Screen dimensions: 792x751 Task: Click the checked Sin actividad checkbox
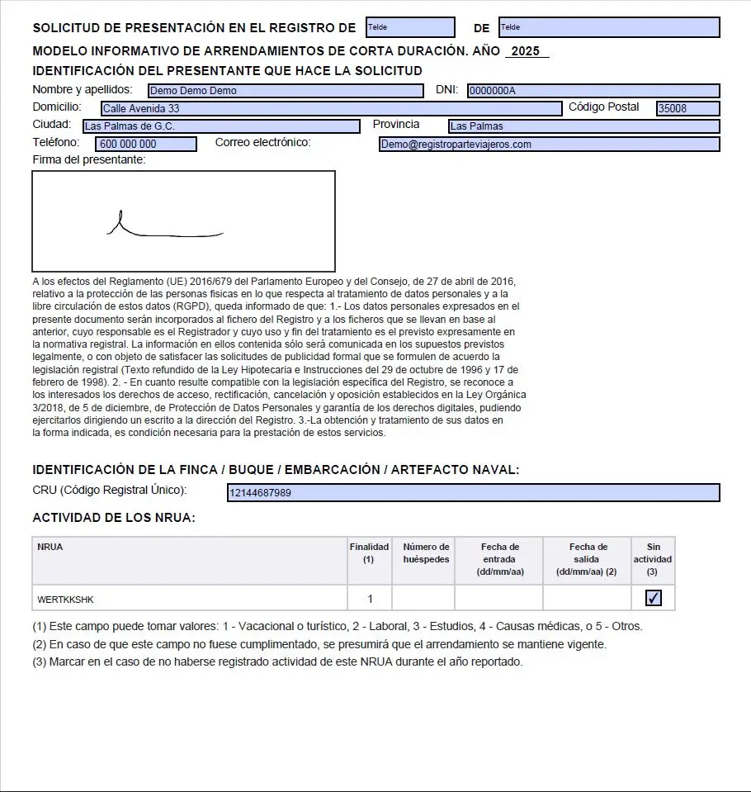(x=654, y=598)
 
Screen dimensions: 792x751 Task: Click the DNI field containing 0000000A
(x=593, y=91)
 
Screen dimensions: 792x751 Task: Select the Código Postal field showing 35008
(x=687, y=109)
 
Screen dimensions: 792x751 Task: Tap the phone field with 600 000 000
(x=146, y=145)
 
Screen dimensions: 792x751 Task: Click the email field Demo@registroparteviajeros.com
(x=549, y=145)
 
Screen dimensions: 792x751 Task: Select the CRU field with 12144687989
(x=473, y=493)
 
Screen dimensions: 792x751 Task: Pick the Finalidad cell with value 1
(x=370, y=599)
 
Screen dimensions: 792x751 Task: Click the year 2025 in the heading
(x=526, y=51)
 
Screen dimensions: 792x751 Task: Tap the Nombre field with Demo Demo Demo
(x=285, y=91)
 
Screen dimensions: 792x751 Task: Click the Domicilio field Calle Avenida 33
(x=330, y=109)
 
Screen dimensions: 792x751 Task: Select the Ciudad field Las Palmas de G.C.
(x=221, y=126)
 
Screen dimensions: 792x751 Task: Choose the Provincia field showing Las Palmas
(x=583, y=126)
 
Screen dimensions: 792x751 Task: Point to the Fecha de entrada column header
(x=499, y=559)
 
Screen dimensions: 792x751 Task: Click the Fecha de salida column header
(x=588, y=559)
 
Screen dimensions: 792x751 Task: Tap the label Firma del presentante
(x=89, y=159)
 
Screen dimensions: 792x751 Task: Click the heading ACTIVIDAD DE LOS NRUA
(x=114, y=518)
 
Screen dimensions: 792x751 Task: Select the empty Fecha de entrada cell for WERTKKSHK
(x=499, y=599)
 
